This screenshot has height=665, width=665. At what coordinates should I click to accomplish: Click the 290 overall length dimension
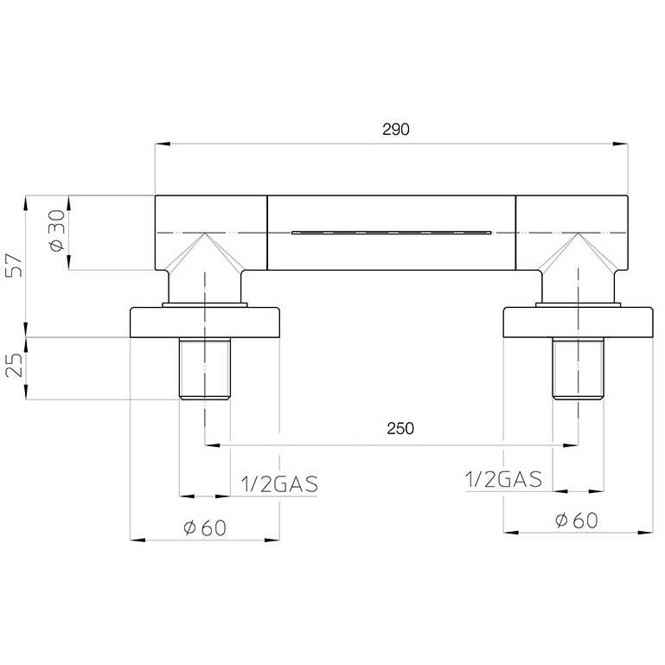tap(396, 130)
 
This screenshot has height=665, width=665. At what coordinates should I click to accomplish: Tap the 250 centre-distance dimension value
tap(400, 428)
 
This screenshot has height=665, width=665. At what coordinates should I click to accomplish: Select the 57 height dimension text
tap(14, 265)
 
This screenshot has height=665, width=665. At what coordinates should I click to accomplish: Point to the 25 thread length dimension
tap(14, 365)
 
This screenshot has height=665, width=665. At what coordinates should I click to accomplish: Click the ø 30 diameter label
tap(57, 231)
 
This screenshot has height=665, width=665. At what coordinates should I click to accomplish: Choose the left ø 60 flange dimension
tap(205, 528)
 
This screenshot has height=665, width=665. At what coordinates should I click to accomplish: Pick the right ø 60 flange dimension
tap(576, 521)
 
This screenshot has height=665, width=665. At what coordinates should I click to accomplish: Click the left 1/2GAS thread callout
tap(279, 484)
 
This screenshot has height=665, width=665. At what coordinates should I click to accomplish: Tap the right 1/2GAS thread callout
tap(503, 479)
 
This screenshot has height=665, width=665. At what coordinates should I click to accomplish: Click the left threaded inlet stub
tap(205, 368)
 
